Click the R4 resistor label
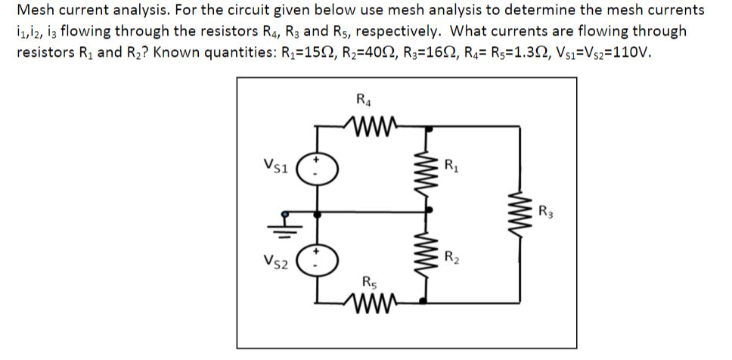[361, 98]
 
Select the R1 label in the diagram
[451, 164]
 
